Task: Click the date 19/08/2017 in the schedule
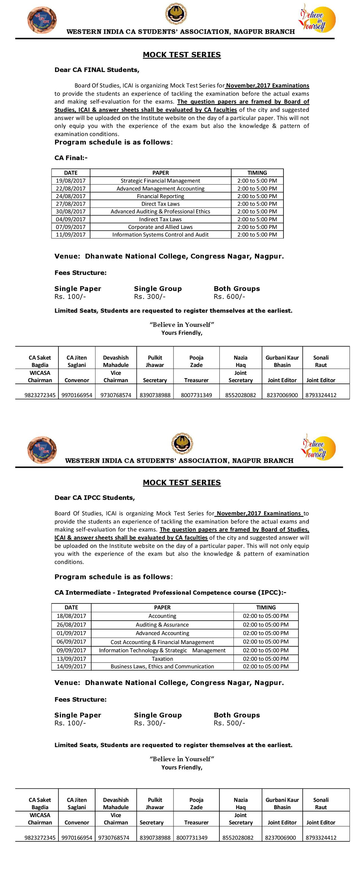pos(71,181)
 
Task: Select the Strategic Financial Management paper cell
pos(160,181)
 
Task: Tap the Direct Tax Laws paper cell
pos(160,204)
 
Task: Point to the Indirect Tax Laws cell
pos(160,219)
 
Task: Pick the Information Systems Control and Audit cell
pos(160,235)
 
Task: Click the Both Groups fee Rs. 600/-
pos(229,297)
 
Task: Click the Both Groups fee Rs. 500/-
pos(229,723)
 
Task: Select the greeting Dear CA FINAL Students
pos(97,70)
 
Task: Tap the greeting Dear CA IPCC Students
pos(94,497)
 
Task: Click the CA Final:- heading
pos(71,158)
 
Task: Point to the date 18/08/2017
pos(71,616)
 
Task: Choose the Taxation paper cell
pos(162,659)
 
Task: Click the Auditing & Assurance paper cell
pos(162,625)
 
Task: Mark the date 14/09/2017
pos(71,666)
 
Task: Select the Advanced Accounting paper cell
pos(162,633)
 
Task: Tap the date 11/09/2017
pos(71,235)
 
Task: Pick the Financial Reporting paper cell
pos(160,196)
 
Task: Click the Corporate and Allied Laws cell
pos(160,227)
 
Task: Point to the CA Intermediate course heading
pos(170,593)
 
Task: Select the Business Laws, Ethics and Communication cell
pos(162,666)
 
